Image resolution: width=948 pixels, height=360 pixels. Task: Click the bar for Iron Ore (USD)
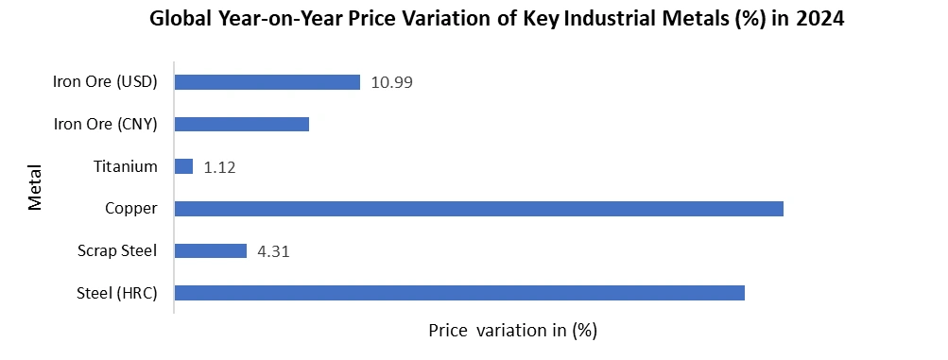click(267, 82)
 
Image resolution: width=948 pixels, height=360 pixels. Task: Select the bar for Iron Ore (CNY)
click(242, 125)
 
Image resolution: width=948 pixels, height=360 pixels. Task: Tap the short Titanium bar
click(184, 166)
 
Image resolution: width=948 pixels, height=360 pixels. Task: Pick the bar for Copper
click(479, 208)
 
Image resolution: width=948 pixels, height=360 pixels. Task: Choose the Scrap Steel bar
click(211, 250)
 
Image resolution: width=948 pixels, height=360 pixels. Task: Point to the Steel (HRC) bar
click(460, 293)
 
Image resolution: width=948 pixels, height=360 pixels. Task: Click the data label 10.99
click(392, 82)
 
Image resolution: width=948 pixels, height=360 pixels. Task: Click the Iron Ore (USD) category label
click(105, 81)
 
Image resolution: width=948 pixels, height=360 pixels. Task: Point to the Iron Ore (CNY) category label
click(105, 124)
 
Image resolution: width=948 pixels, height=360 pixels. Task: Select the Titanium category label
click(125, 166)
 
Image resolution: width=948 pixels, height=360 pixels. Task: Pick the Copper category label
click(130, 208)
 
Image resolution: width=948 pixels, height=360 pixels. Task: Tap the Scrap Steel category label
click(117, 250)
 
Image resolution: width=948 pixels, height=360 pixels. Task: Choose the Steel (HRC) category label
click(116, 293)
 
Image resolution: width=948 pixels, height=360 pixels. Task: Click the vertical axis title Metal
click(35, 187)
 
